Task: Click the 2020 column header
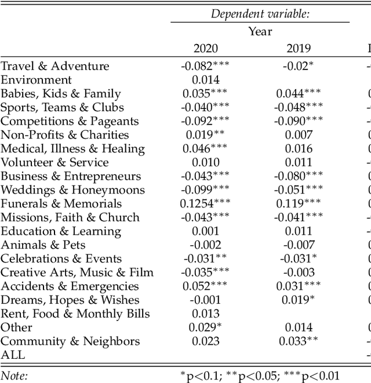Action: pos(205,49)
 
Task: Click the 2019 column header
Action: pos(298,49)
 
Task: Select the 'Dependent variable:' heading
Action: pos(260,14)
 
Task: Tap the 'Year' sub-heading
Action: pos(260,31)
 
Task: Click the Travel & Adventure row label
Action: pos(54,66)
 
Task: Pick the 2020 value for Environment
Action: pos(205,80)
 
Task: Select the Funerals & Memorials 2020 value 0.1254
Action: pos(205,203)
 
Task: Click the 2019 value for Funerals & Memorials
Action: pos(298,203)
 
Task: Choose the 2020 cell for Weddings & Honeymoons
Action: pos(205,190)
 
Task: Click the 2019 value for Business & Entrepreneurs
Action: pos(298,176)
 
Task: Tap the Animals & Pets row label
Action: pos(44,245)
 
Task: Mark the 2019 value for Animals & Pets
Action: pos(298,245)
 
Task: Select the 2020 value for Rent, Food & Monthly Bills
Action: pos(205,314)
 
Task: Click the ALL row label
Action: pos(13,355)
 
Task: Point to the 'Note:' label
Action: pos(14,375)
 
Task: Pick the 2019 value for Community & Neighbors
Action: pos(298,341)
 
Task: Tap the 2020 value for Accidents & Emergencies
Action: pos(205,286)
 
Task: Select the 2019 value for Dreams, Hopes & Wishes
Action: pos(298,300)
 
